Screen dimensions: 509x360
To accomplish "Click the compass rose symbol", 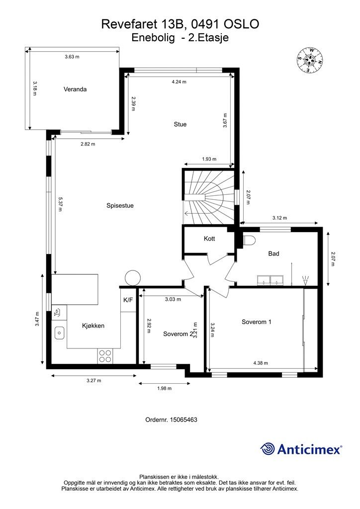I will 310,60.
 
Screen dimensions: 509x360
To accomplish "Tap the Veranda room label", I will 75,89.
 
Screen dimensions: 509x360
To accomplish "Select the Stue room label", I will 180,124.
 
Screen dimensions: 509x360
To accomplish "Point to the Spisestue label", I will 120,205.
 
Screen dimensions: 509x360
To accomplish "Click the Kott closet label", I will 209,239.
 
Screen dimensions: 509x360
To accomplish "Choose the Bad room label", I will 273,254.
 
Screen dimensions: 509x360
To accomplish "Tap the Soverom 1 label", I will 256,322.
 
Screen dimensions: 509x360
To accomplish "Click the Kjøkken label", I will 93,326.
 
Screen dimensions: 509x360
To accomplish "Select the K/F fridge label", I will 128,300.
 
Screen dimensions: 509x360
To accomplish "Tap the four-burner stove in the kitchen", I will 105,355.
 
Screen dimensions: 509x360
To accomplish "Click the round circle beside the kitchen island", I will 133,277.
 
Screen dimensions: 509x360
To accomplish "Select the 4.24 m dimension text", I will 179,82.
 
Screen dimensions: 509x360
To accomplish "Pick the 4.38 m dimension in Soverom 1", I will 260,363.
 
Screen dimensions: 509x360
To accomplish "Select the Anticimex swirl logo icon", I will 268,448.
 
